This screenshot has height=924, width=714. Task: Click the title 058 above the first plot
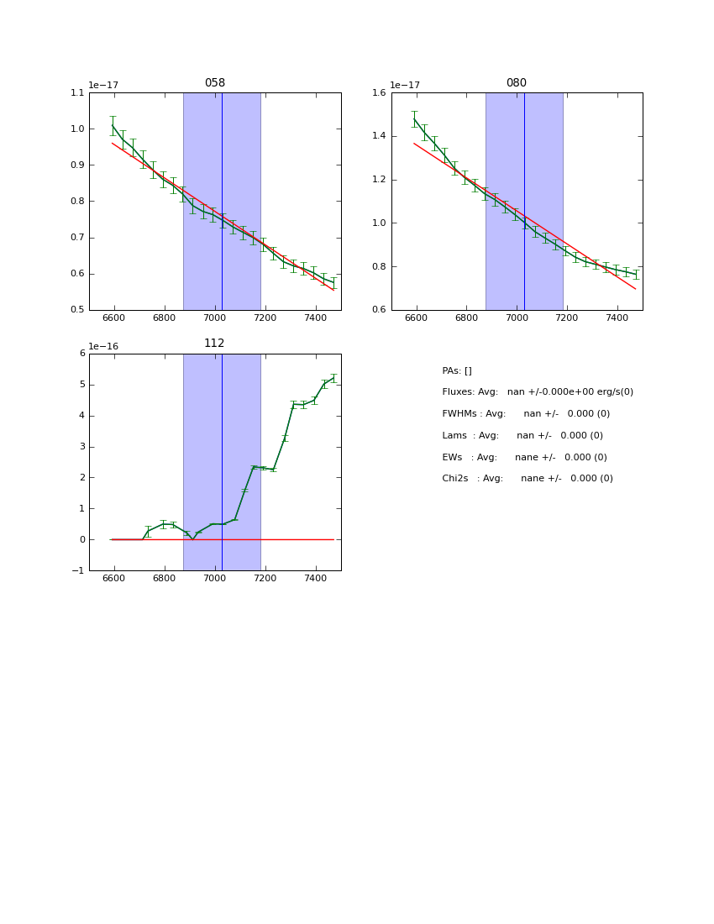click(x=215, y=83)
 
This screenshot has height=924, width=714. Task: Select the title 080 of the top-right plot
click(x=517, y=83)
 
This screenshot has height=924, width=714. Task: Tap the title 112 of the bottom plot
click(x=215, y=344)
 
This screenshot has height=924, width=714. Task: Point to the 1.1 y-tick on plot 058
click(x=76, y=93)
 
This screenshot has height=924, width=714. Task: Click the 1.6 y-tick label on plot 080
click(x=378, y=93)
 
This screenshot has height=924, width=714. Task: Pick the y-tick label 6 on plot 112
click(x=81, y=354)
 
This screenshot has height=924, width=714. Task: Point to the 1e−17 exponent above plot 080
click(x=405, y=86)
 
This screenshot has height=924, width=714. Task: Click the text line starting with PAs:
click(x=457, y=371)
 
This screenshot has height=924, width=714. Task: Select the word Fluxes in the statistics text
click(x=458, y=392)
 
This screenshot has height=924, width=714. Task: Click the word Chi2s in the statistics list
click(x=457, y=479)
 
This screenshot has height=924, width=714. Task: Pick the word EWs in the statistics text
click(x=453, y=458)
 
